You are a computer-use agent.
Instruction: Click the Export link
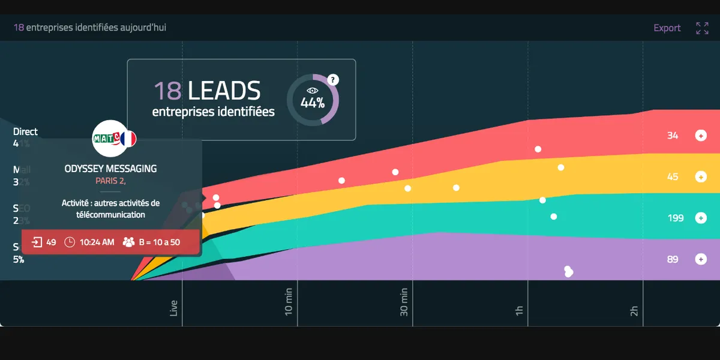(x=667, y=28)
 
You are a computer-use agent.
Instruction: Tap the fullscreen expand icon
(x=702, y=28)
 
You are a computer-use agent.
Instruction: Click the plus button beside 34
(x=700, y=136)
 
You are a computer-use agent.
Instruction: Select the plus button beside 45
(x=700, y=177)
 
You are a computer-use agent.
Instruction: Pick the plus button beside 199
(x=700, y=218)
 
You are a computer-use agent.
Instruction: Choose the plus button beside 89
(x=700, y=259)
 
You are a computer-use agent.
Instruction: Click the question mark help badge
(x=334, y=80)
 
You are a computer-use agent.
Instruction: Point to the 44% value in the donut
(x=313, y=103)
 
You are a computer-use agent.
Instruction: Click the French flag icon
(x=128, y=139)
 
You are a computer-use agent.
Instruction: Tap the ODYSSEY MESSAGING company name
(x=110, y=169)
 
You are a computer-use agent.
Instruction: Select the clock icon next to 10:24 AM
(x=70, y=242)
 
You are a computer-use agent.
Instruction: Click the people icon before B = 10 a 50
(x=128, y=242)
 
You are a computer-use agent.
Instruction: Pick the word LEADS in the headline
(x=224, y=91)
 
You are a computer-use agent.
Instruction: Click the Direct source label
(x=25, y=131)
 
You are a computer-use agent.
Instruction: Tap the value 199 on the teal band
(x=676, y=218)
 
